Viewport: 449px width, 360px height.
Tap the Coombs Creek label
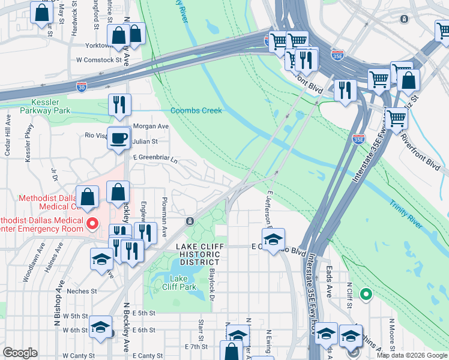click(196, 110)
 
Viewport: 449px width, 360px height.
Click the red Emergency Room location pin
click(92, 224)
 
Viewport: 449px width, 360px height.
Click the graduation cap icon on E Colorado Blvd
click(273, 240)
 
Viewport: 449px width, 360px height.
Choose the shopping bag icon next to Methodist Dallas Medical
click(88, 197)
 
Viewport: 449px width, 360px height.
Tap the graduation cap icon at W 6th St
click(100, 328)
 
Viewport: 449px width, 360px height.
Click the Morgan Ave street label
click(151, 127)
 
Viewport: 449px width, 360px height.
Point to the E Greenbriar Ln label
click(155, 160)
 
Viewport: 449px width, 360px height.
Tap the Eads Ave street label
click(329, 283)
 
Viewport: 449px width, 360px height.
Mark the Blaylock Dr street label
click(212, 280)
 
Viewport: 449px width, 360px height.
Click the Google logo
click(20, 353)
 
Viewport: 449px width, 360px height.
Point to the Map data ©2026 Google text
click(412, 355)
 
